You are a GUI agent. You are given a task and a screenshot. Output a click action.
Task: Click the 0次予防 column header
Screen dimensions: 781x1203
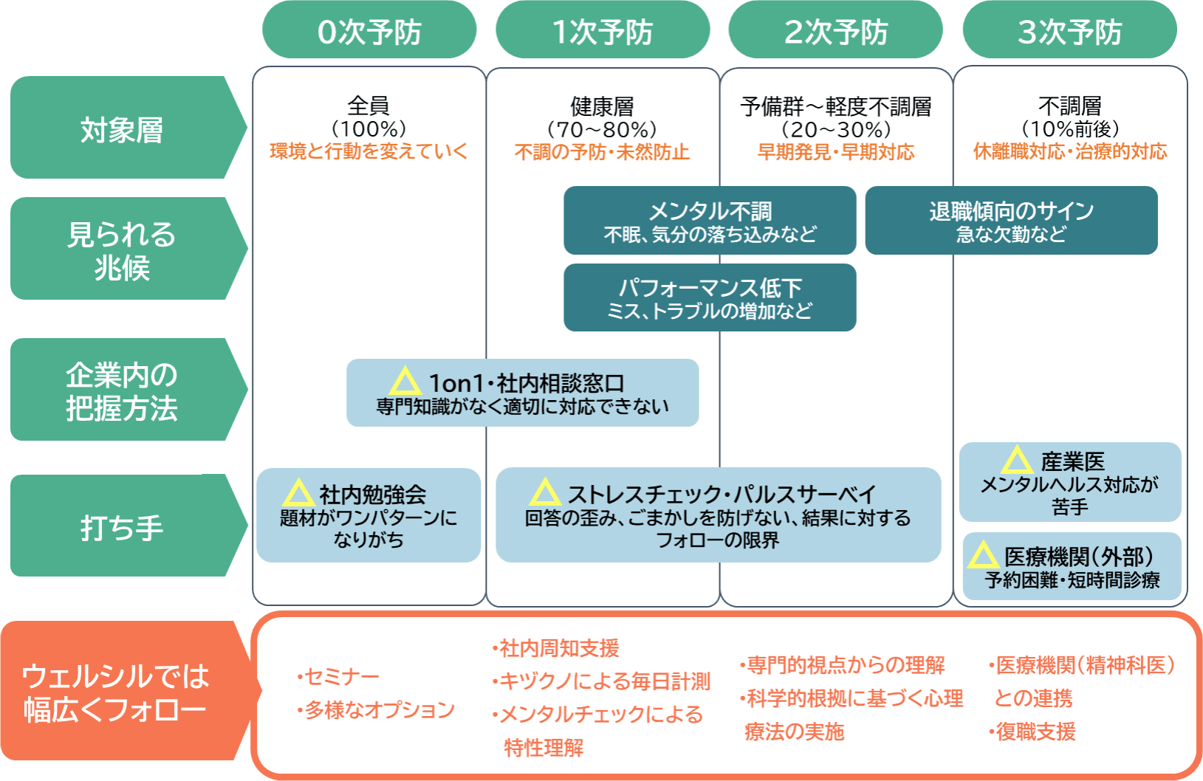[369, 31]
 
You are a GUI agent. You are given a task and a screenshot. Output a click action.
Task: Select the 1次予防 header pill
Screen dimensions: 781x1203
[603, 31]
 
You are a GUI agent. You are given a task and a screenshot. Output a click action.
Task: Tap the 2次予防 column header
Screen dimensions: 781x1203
[835, 31]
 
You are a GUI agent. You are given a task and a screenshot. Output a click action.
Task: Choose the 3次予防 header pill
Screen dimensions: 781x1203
[1069, 31]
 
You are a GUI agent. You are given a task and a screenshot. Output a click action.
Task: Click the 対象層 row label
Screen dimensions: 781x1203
[122, 128]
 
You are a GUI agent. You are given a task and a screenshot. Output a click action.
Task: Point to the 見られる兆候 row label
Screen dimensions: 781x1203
[122, 250]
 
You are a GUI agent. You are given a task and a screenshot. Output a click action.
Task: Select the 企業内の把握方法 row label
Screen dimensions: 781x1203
[122, 390]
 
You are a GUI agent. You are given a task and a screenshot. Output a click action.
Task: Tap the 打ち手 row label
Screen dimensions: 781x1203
[122, 526]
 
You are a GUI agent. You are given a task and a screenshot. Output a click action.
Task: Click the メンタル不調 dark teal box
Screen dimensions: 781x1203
[710, 221]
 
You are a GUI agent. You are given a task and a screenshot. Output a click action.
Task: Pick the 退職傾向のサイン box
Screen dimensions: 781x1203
[1011, 221]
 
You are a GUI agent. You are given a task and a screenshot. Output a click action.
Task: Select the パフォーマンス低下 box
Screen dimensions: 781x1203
[710, 297]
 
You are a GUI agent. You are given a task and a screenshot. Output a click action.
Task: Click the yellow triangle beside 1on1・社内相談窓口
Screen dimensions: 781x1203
[405, 382]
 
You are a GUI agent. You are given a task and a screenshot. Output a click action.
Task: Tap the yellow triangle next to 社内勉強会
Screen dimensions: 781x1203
[298, 493]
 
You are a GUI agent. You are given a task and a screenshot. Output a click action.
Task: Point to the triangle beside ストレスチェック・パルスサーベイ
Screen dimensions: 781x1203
[545, 492]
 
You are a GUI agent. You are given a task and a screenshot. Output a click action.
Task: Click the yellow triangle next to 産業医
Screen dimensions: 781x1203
[1017, 461]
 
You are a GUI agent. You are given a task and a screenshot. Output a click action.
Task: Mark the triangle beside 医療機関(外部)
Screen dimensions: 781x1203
[983, 555]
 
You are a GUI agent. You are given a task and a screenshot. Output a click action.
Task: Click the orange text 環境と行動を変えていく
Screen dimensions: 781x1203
[369, 151]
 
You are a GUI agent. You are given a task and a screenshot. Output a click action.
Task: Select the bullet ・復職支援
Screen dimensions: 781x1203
[1033, 732]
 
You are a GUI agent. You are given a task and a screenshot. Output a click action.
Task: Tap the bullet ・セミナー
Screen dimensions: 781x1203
[339, 676]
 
